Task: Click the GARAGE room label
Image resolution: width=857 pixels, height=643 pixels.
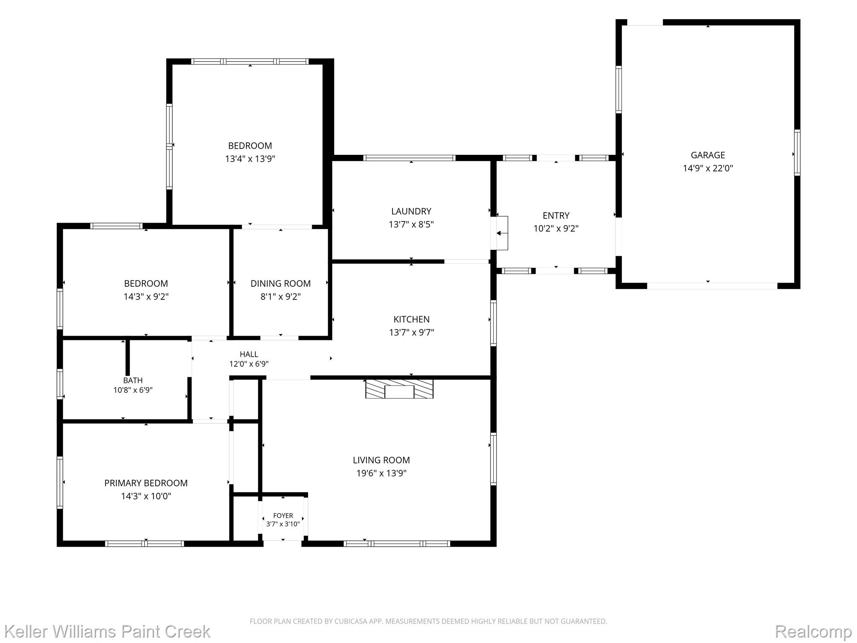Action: (708, 155)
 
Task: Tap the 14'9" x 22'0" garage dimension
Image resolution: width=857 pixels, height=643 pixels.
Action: (708, 168)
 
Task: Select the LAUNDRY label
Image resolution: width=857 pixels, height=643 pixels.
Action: (411, 211)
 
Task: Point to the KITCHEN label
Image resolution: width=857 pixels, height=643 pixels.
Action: (411, 319)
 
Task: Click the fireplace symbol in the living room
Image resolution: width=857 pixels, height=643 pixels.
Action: (399, 389)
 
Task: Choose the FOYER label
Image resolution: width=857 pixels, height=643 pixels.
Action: (283, 516)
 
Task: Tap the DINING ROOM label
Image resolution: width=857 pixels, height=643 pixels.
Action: (280, 283)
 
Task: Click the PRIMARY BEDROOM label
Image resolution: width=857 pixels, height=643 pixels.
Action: (146, 483)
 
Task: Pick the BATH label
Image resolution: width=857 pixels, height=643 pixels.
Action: (133, 381)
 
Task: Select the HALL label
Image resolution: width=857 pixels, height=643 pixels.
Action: (249, 355)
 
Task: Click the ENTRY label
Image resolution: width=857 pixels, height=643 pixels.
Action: (556, 216)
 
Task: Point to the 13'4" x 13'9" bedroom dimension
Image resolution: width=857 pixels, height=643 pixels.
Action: (250, 159)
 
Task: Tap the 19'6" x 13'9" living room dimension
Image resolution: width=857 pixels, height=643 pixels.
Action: (381, 473)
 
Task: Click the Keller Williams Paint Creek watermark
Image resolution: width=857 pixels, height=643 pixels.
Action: (107, 631)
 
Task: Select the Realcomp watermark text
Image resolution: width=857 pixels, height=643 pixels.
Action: (813, 631)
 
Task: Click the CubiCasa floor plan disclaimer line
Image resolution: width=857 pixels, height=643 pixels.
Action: (428, 621)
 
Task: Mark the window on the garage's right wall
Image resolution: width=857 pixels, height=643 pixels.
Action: (797, 152)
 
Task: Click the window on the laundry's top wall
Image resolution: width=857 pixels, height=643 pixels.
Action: (409, 158)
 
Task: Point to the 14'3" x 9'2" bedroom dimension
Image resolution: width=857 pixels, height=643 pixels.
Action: (146, 297)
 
